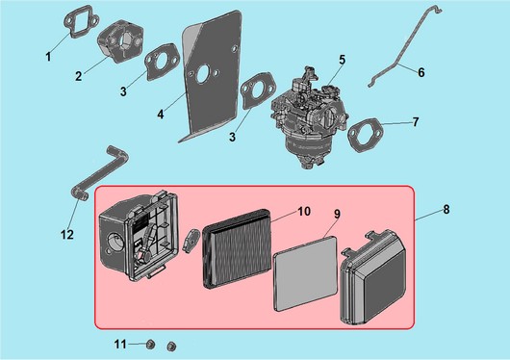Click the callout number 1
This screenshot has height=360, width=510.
click(x=48, y=57)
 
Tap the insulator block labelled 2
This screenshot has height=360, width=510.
click(x=120, y=44)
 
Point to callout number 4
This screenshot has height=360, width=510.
click(x=161, y=115)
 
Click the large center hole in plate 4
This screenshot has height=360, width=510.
click(x=203, y=74)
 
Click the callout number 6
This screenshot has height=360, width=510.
click(x=421, y=72)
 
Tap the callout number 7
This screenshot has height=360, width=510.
click(x=416, y=122)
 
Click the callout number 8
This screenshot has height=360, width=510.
click(x=446, y=209)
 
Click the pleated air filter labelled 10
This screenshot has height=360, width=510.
click(x=237, y=249)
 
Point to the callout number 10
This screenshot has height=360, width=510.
click(x=304, y=212)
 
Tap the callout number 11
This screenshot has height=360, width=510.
click(x=120, y=344)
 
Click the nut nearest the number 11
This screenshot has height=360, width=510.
click(x=150, y=345)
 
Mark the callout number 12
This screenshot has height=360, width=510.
click(x=67, y=234)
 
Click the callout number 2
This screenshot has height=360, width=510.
click(x=78, y=76)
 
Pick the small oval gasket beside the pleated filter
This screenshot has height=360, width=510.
click(x=191, y=240)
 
